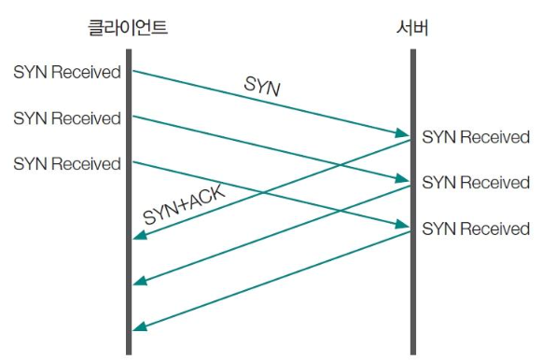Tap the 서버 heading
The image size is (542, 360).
(x=411, y=29)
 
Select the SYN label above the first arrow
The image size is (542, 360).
(x=264, y=88)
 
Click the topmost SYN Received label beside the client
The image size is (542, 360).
(x=66, y=72)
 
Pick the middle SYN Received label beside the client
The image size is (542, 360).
(x=66, y=118)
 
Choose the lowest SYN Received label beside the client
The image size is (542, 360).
(x=66, y=164)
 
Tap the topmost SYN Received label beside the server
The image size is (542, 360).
(x=476, y=138)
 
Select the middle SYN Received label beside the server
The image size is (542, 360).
(x=476, y=183)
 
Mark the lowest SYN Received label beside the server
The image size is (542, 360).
(x=476, y=228)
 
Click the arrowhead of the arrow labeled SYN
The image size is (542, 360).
(x=402, y=135)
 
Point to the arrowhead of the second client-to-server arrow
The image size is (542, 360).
(x=402, y=180)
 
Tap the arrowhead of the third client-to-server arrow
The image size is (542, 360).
(x=402, y=226)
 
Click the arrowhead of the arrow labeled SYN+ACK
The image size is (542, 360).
(x=138, y=237)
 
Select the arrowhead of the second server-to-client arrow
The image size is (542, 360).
(x=138, y=283)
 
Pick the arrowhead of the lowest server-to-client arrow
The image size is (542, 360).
(x=138, y=328)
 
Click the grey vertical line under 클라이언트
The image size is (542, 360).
(x=129, y=280)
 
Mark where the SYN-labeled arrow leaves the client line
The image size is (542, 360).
(x=132, y=69)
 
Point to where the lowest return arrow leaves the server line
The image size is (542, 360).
(x=409, y=232)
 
